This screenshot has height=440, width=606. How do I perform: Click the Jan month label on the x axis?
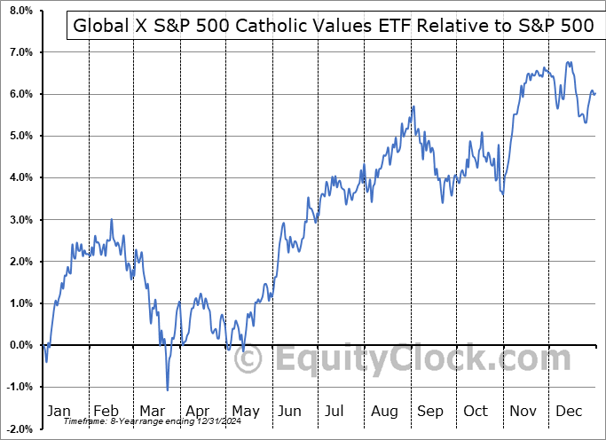[x=59, y=411]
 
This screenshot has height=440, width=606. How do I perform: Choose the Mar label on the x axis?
[x=152, y=411]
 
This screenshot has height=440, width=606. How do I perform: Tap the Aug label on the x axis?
[x=384, y=411]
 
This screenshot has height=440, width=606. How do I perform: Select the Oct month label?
[x=476, y=411]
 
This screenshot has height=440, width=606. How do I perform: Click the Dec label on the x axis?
[x=569, y=411]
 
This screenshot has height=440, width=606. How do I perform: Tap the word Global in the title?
[x=100, y=26]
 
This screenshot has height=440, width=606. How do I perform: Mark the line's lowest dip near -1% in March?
[x=167, y=389]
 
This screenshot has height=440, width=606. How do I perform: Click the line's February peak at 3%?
[x=111, y=219]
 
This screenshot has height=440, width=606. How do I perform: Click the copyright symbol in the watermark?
[x=250, y=359]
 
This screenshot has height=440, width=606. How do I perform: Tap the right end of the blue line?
[x=594, y=93]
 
